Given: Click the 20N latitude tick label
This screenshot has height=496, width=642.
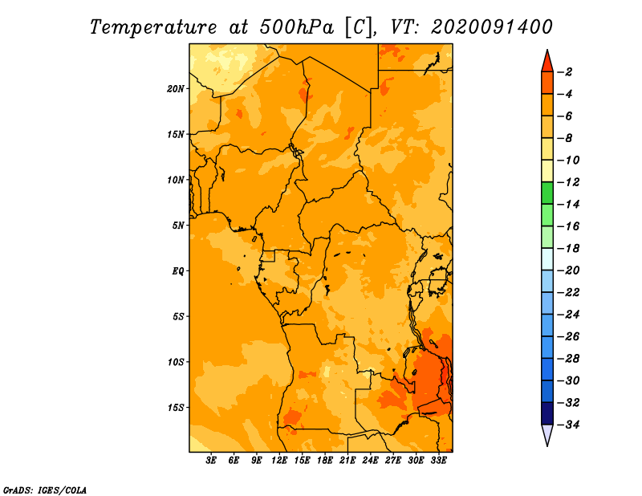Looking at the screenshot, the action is [176, 89].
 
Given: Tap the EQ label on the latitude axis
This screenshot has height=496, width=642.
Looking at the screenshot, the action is [177, 271].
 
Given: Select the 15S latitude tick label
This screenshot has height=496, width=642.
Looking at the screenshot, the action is [176, 408].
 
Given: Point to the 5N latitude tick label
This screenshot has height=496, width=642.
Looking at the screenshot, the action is [178, 226].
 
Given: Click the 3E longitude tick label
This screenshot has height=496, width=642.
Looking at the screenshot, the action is [211, 460].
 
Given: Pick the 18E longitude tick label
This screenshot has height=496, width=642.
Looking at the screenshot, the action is [325, 460].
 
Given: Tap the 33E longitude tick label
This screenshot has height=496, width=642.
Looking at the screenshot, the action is [438, 460].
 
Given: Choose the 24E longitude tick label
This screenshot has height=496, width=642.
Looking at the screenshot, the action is [370, 460].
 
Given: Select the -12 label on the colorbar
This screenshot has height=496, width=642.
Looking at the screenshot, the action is [568, 182].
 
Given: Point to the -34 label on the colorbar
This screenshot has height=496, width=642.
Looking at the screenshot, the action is [568, 425].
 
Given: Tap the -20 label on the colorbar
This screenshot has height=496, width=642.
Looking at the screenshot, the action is [568, 270].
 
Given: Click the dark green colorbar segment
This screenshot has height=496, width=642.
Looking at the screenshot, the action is [547, 193].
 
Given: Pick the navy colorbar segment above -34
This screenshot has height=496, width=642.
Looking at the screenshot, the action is [547, 413].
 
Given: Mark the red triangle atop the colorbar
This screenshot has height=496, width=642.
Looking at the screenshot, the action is [547, 62].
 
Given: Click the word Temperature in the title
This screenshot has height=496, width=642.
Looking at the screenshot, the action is [153, 27].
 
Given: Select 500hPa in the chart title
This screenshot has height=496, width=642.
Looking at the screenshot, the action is [297, 27].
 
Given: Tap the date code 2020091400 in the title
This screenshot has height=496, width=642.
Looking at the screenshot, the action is [492, 27].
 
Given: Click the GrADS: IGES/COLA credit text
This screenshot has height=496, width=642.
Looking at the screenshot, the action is [45, 490].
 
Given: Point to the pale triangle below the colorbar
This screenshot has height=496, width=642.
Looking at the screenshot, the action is [547, 434].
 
